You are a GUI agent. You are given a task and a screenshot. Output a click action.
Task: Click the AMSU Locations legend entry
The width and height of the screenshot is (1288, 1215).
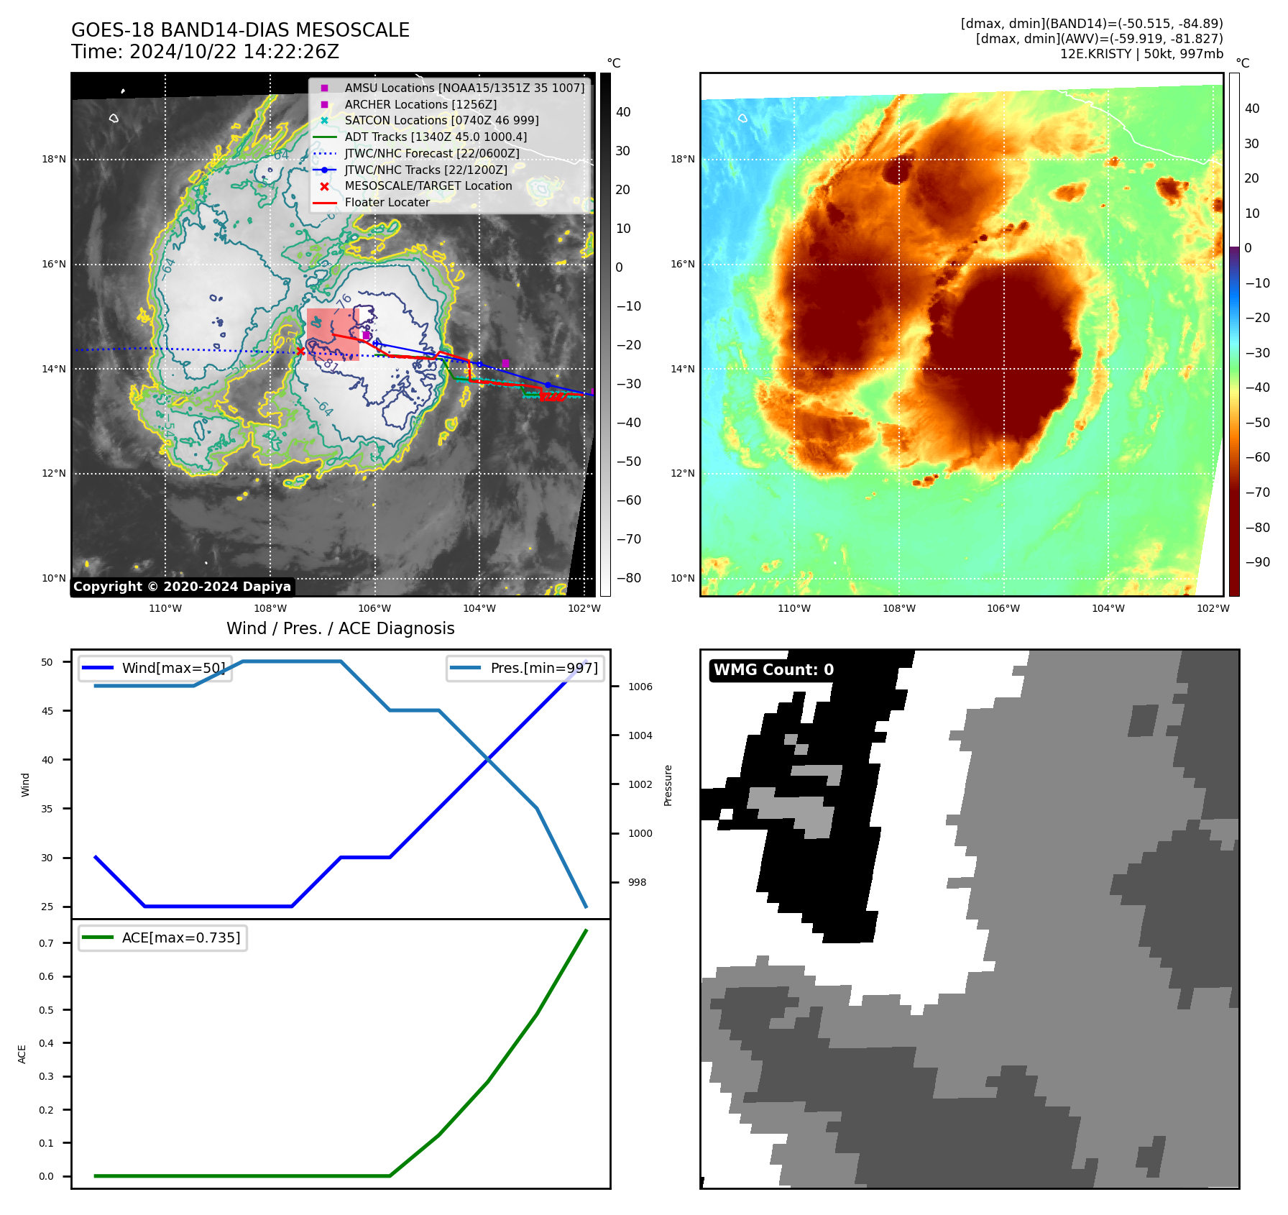coord(464,88)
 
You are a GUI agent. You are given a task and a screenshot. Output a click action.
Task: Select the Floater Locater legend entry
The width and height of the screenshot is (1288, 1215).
coord(387,203)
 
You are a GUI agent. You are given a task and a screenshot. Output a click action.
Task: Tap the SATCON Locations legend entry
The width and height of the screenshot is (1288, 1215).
coord(441,121)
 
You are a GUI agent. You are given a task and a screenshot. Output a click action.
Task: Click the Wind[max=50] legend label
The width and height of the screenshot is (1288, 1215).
coord(173,668)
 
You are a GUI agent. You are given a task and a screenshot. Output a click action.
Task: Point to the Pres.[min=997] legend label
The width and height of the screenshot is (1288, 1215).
coord(543,668)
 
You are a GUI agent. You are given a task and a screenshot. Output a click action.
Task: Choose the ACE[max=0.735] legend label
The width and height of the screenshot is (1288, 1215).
coord(181,937)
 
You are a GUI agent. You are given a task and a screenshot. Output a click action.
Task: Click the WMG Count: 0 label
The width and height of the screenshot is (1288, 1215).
coord(773,670)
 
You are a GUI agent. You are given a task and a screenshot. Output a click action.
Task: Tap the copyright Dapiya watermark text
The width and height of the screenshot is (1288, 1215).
coord(182,587)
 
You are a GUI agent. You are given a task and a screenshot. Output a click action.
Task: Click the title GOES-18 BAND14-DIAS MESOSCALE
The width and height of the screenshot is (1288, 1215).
coord(240,30)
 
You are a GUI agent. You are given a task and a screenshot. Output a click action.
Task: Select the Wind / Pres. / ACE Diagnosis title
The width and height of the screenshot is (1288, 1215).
coord(341,628)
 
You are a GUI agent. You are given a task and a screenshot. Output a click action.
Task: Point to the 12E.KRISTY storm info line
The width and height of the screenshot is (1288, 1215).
coord(1141,54)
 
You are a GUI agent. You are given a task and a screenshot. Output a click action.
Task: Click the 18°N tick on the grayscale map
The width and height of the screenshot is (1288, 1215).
coord(54,160)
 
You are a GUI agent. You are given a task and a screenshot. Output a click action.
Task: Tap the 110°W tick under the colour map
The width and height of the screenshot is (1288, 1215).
coord(794,608)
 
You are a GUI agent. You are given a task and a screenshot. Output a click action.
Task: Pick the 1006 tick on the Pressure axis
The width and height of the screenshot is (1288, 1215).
coord(640,687)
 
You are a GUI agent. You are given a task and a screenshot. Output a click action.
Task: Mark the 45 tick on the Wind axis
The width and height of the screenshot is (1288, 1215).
coord(47,711)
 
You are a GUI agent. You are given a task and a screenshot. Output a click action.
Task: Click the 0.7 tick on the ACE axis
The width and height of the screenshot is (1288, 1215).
coord(46,943)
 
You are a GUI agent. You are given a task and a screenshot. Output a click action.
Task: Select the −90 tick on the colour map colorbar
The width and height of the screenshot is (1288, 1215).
coord(1257,562)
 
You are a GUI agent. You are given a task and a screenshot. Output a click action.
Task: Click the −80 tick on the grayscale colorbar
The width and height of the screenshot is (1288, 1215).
coord(628,578)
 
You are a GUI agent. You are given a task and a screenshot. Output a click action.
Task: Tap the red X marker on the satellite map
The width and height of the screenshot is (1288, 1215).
coord(300,351)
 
